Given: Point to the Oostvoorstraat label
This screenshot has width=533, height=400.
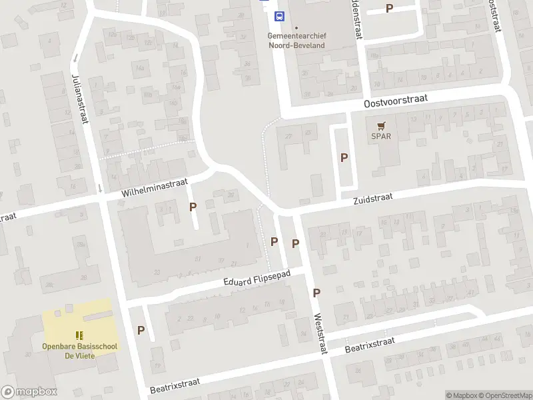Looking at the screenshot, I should coord(396,101).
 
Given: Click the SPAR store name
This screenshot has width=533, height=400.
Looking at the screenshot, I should coord(381,136).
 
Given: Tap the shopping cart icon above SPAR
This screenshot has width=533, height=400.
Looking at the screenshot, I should coord(381,125).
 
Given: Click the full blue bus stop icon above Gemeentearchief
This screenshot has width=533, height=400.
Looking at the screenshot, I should coord(280,17).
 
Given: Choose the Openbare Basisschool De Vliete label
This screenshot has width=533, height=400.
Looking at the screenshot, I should coord(79,351).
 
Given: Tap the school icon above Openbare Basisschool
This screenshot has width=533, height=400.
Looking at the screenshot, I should coord(79,335).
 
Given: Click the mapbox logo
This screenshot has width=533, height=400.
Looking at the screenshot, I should coord(29,392).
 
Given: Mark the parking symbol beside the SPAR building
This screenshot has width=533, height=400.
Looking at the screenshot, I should coord(344,157).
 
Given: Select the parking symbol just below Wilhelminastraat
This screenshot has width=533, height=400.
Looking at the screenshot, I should coord(193,207).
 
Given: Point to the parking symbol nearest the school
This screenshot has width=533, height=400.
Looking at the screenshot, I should coord(141,329).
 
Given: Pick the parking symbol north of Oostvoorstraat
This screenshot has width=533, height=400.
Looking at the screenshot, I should coord(389,8).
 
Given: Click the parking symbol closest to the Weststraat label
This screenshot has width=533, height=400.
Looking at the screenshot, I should coord(316,292).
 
